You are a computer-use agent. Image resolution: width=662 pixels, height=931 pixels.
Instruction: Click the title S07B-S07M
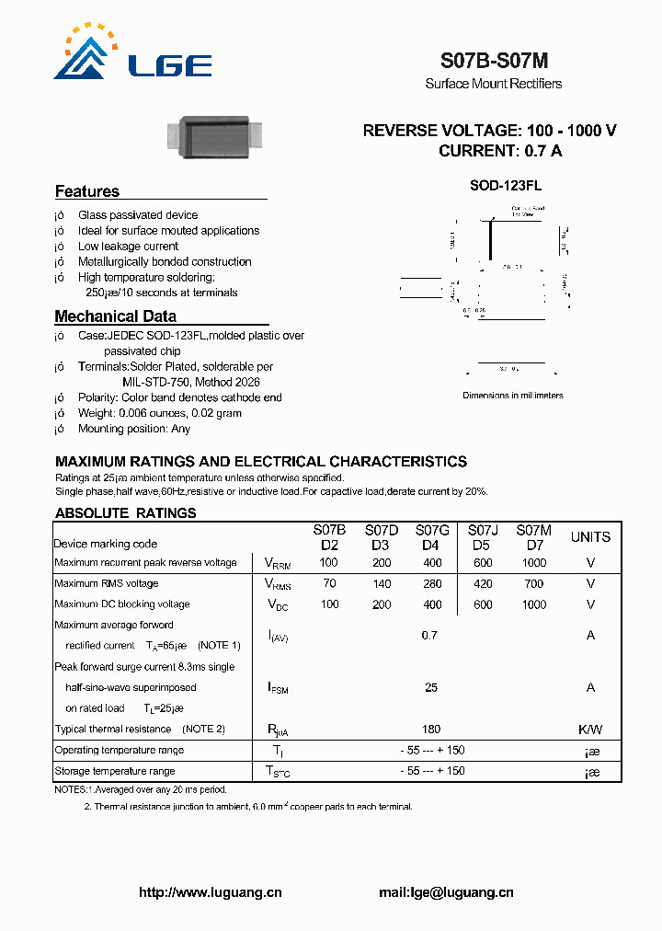click(x=494, y=62)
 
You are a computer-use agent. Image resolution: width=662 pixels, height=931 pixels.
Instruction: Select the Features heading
click(x=87, y=191)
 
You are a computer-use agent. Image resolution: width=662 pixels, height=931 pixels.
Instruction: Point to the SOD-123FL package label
click(x=506, y=185)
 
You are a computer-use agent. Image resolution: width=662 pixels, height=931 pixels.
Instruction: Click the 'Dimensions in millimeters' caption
click(x=512, y=396)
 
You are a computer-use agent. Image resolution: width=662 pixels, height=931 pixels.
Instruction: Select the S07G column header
click(x=432, y=530)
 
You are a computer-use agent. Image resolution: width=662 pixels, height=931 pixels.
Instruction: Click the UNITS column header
click(x=590, y=537)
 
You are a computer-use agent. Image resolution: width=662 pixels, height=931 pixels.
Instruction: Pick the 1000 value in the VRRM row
click(x=533, y=562)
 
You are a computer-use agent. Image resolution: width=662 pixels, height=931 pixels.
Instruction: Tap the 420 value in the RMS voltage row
click(x=483, y=583)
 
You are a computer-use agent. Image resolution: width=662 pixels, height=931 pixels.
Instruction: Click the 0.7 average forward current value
click(x=429, y=636)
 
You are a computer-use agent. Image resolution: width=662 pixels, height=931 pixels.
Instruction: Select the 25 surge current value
click(x=431, y=687)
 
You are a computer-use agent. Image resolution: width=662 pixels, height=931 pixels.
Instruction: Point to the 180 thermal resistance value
click(x=431, y=729)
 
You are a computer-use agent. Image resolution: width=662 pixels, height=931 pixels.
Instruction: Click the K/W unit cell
click(x=590, y=729)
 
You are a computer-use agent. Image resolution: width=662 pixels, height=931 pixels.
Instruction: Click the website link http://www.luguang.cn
click(x=210, y=891)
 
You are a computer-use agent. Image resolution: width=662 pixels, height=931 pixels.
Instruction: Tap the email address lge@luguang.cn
click(x=446, y=891)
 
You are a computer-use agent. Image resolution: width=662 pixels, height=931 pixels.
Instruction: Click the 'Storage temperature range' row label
click(x=114, y=771)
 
